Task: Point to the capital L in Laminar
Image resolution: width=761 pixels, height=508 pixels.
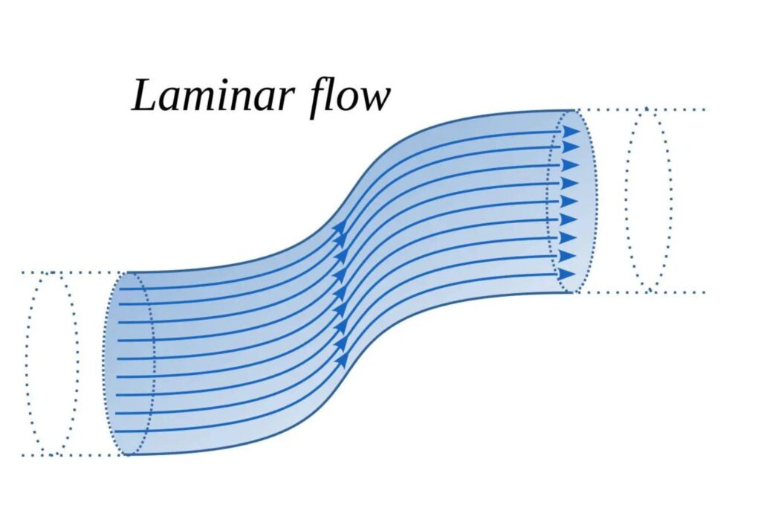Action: click(x=146, y=95)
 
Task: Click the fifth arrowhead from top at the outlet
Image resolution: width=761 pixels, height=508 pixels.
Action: click(x=569, y=202)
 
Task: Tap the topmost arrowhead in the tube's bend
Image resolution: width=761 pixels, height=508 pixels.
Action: click(x=340, y=231)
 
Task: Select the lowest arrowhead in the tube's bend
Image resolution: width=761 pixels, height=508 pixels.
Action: click(x=343, y=360)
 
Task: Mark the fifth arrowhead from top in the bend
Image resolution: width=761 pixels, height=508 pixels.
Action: click(x=342, y=306)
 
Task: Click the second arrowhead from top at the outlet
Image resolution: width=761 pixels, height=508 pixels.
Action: click(x=570, y=148)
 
